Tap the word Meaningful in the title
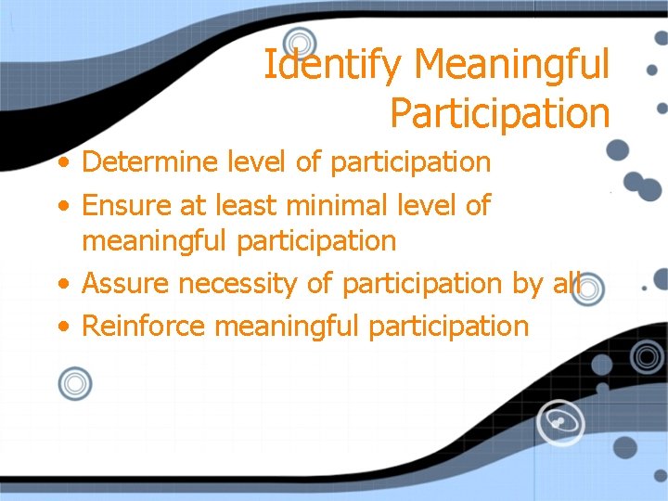pyautogui.click(x=512, y=66)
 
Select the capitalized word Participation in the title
pyautogui.click(x=500, y=113)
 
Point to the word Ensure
pyautogui.click(x=129, y=204)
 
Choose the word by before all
pyautogui.click(x=528, y=284)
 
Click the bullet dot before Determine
pyautogui.click(x=62, y=163)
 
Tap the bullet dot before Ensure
pyautogui.click(x=62, y=205)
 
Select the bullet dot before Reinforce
pyautogui.click(x=62, y=327)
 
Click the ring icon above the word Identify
pyautogui.click(x=300, y=42)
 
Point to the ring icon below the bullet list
pyautogui.click(x=75, y=383)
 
